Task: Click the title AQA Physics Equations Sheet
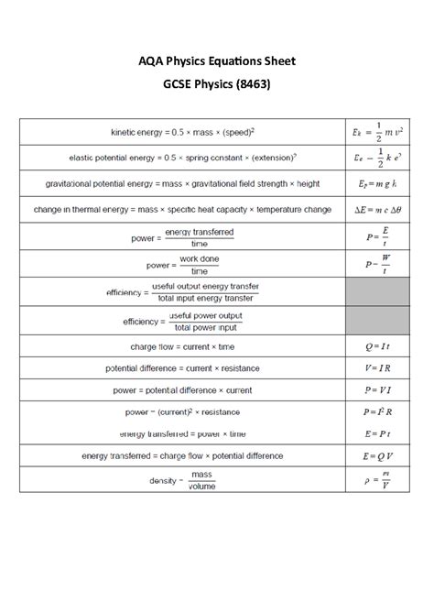pyautogui.click(x=217, y=61)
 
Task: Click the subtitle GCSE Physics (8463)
pyautogui.click(x=217, y=84)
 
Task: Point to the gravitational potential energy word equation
pyautogui.click(x=181, y=183)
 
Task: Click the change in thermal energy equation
pyautogui.click(x=181, y=210)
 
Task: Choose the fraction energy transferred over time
pyautogui.click(x=199, y=237)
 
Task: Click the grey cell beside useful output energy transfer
pyautogui.click(x=376, y=292)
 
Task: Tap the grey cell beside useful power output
pyautogui.click(x=376, y=321)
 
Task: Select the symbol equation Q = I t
pyautogui.click(x=376, y=347)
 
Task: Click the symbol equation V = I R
pyautogui.click(x=376, y=368)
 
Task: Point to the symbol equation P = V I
pyautogui.click(x=376, y=389)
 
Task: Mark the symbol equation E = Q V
pyautogui.click(x=376, y=454)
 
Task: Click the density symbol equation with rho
pyautogui.click(x=376, y=479)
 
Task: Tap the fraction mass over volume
pyautogui.click(x=201, y=480)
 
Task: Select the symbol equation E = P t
pyautogui.click(x=376, y=432)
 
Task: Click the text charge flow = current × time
pyautogui.click(x=181, y=347)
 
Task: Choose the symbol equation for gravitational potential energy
pyautogui.click(x=376, y=183)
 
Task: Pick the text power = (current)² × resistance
pyautogui.click(x=181, y=411)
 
